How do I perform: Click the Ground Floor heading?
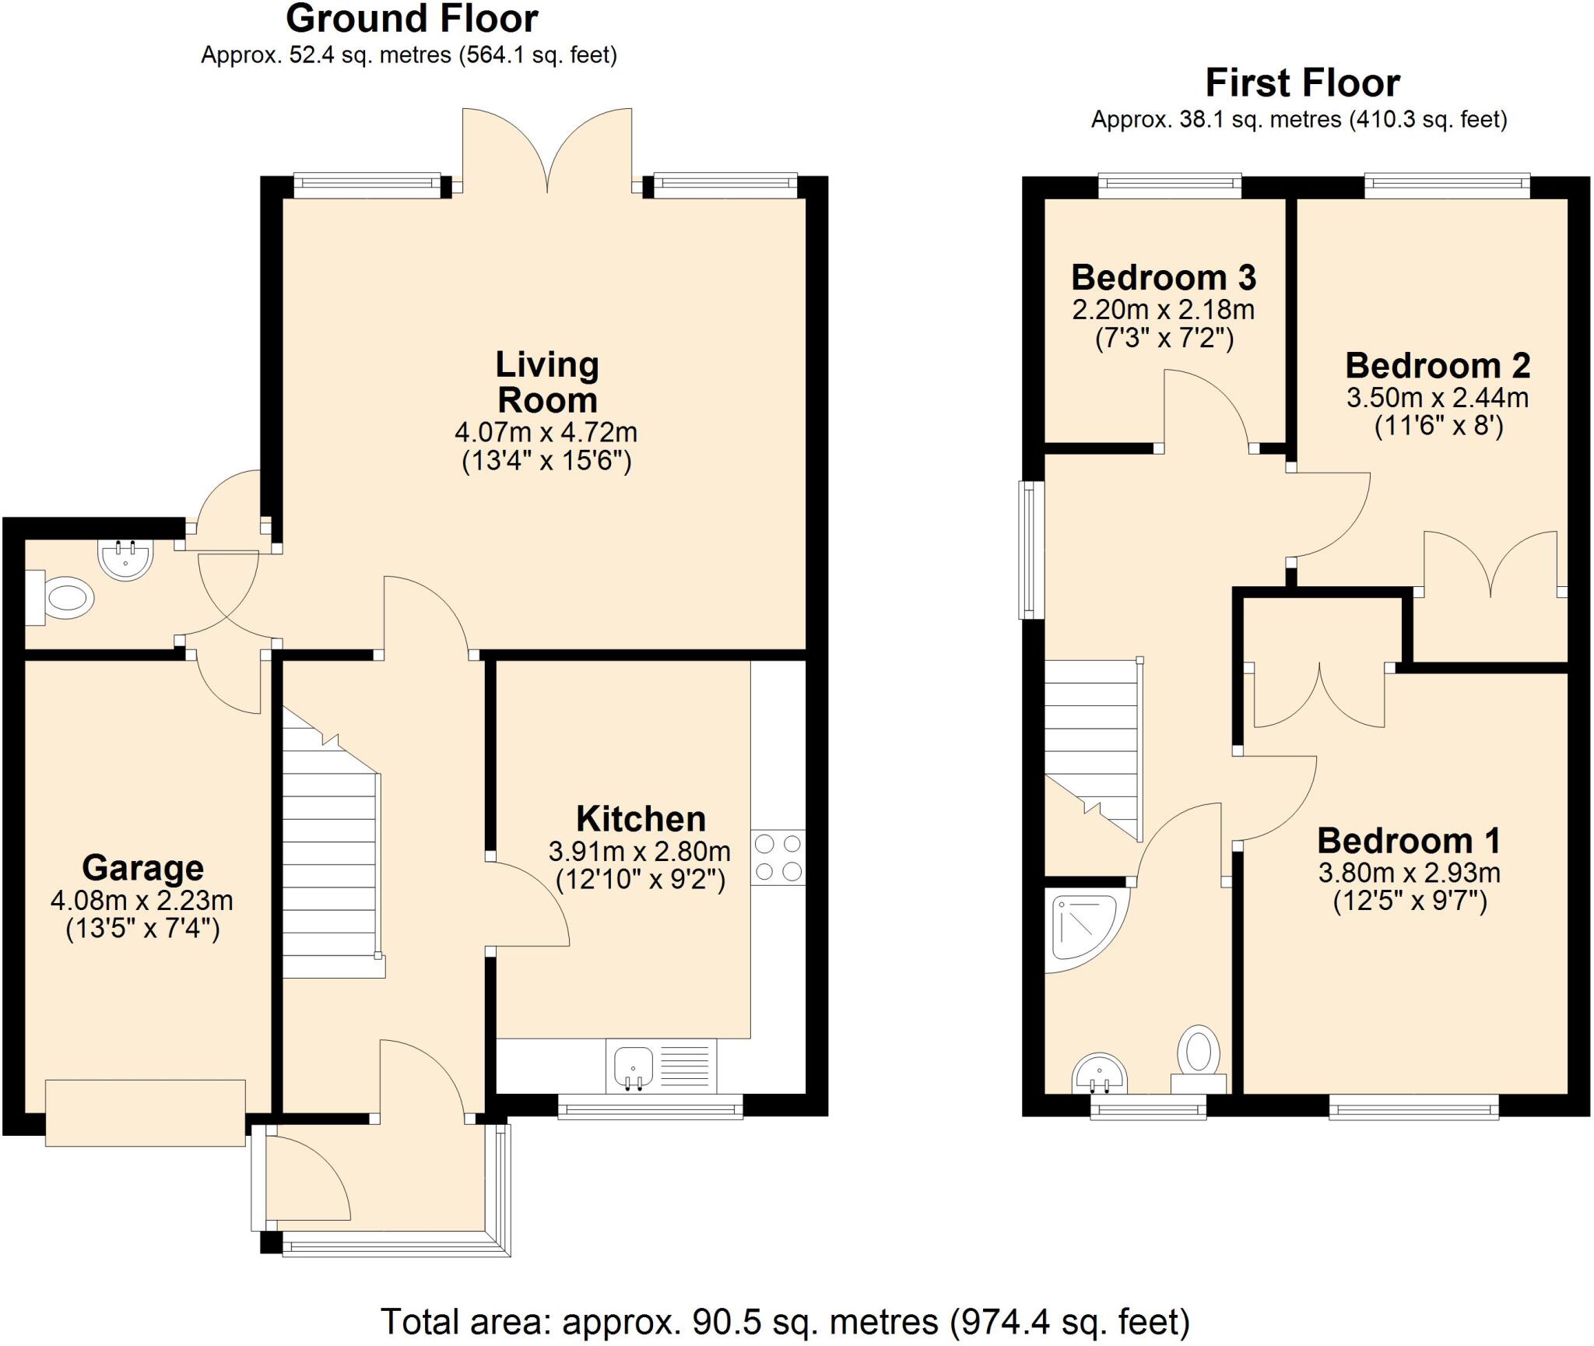point(412,19)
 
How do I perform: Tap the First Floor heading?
point(1302,83)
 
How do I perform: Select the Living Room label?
point(547,382)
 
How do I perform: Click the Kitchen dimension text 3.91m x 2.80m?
point(639,852)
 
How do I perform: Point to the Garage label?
point(142,867)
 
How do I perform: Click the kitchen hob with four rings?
point(778,858)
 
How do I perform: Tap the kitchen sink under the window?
point(634,1065)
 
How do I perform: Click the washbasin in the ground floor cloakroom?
point(125,559)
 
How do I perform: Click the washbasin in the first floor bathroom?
point(1099,1076)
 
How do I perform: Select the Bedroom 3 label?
point(1163,278)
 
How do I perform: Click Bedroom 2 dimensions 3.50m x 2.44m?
point(1437,398)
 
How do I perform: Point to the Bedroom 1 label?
point(1408,841)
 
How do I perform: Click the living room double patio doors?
point(547,152)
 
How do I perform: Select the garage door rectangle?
point(146,1112)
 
